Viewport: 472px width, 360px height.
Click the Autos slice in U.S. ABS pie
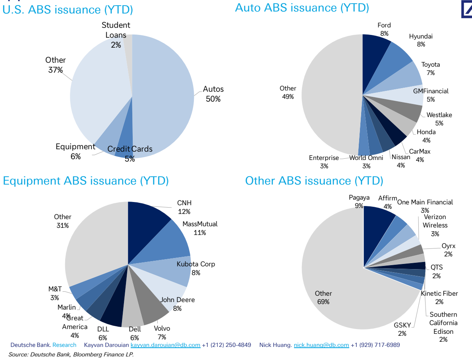[x=162, y=96]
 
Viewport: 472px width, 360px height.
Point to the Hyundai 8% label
[x=421, y=40]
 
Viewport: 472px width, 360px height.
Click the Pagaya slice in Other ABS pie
[x=376, y=231]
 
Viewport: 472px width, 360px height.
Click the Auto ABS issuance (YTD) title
[x=302, y=8]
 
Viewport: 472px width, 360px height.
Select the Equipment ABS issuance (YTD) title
[x=86, y=181]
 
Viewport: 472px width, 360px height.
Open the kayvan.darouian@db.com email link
[x=165, y=345]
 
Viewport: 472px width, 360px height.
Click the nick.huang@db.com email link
[x=321, y=345]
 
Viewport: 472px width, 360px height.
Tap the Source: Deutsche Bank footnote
[x=71, y=354]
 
